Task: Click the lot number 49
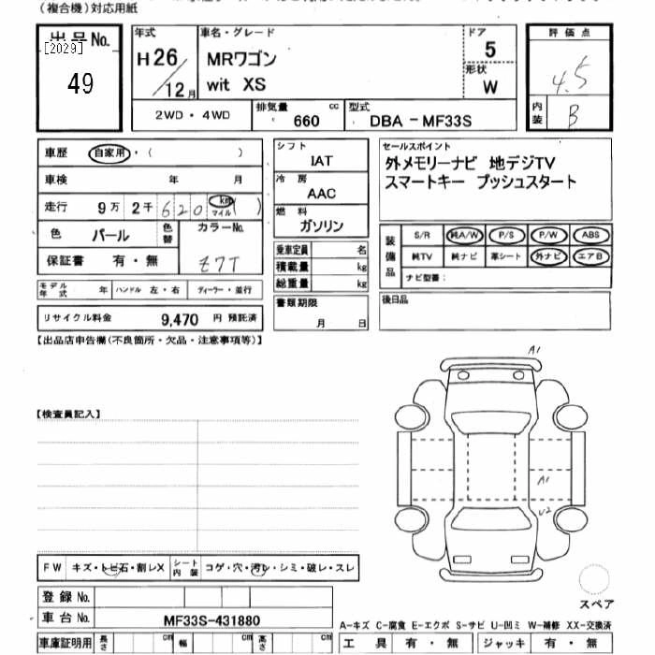click(x=80, y=84)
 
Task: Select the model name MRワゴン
click(x=242, y=59)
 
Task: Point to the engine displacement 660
click(x=306, y=121)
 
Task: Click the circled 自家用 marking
click(x=109, y=153)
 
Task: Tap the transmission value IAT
click(x=320, y=161)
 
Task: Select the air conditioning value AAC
click(x=321, y=194)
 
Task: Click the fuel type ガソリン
click(x=321, y=226)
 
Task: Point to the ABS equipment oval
click(x=590, y=236)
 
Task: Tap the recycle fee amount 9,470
click(x=179, y=319)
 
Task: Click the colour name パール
click(x=109, y=236)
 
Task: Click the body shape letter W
click(x=489, y=89)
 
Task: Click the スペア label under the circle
click(x=596, y=604)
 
